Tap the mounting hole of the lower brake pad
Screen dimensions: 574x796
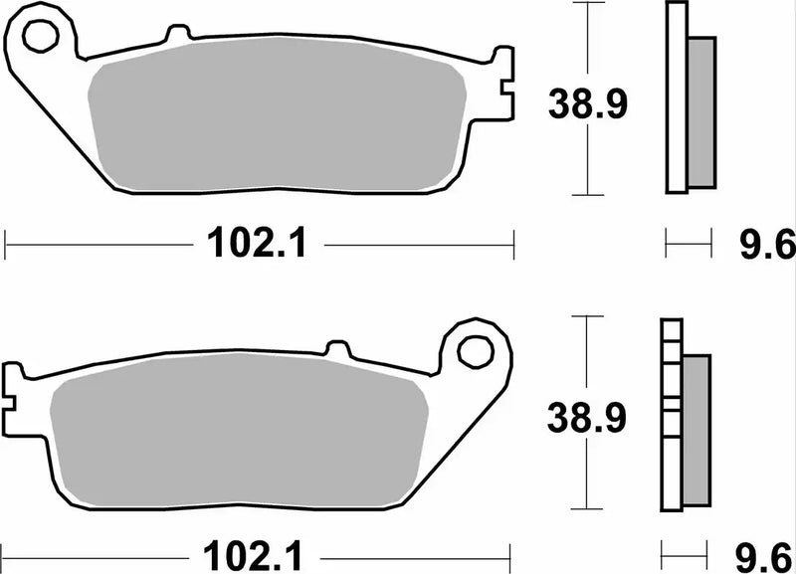point(476,350)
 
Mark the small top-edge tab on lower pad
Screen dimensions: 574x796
point(339,348)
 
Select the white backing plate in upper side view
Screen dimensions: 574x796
point(676,99)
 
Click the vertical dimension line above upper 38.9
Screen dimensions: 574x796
point(590,40)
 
